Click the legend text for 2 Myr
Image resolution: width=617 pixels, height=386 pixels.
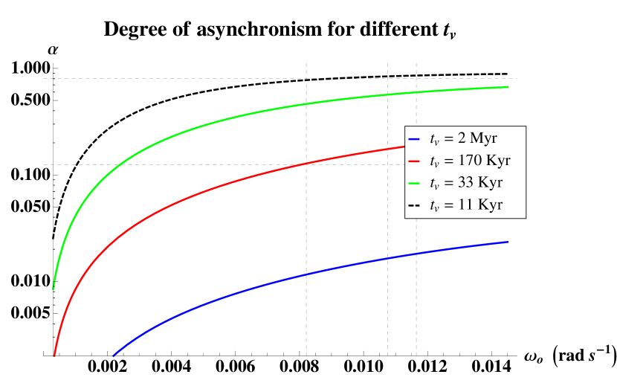pyautogui.click(x=463, y=138)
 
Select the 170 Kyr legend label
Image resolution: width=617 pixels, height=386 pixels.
pyautogui.click(x=470, y=161)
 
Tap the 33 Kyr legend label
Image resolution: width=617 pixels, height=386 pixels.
pyautogui.click(x=466, y=183)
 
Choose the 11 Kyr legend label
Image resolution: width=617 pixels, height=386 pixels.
pyautogui.click(x=466, y=205)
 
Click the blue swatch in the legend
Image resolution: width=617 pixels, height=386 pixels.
pyautogui.click(x=415, y=138)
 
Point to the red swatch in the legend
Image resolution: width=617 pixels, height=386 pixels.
pyautogui.click(x=415, y=161)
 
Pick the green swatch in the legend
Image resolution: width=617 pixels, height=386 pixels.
pyautogui.click(x=415, y=183)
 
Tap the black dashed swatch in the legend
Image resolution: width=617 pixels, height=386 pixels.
pyautogui.click(x=415, y=205)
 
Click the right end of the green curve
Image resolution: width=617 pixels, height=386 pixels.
pyautogui.click(x=508, y=87)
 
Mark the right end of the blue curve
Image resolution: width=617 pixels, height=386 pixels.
pyautogui.click(x=508, y=242)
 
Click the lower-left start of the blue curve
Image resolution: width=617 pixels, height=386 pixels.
pyautogui.click(x=113, y=356)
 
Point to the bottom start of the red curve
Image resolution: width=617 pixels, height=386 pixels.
pyautogui.click(x=54, y=356)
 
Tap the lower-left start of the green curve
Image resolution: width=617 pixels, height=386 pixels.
pyautogui.click(x=53, y=289)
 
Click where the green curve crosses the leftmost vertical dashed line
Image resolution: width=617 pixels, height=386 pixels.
pyautogui.click(x=306, y=103)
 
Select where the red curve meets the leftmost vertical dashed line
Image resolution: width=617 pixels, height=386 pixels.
pyautogui.click(x=306, y=163)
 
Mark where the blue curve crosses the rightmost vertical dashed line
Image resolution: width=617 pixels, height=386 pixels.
pyautogui.click(x=416, y=254)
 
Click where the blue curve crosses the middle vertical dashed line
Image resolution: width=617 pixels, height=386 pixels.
pyautogui.click(x=387, y=258)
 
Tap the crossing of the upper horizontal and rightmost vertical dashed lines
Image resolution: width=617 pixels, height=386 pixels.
pyautogui.click(x=416, y=78)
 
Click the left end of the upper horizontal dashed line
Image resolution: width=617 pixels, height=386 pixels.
pyautogui.click(x=43, y=78)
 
